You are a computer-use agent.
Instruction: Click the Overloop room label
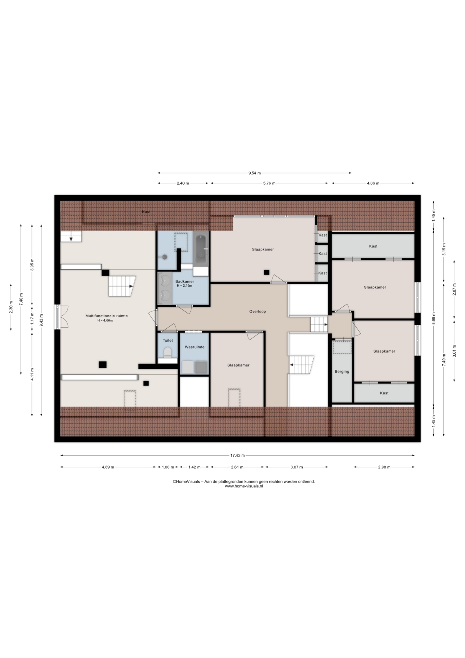tap(257, 312)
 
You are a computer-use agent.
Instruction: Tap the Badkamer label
tap(185, 281)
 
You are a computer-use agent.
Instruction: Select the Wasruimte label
tap(194, 347)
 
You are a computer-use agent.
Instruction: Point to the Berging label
tap(342, 371)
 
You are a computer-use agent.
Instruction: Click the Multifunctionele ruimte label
tap(106, 316)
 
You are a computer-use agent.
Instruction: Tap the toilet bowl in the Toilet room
tap(167, 352)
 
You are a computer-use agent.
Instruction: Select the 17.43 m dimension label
tap(238, 455)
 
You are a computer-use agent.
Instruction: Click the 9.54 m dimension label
tap(254, 173)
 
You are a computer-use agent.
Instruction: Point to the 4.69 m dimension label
tap(108, 467)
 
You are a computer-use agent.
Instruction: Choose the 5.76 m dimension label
tap(269, 183)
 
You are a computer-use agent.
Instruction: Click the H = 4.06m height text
tap(105, 321)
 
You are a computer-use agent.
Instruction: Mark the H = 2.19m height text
tap(185, 285)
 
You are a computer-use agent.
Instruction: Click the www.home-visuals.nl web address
tap(244, 486)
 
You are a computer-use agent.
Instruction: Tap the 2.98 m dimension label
tap(384, 467)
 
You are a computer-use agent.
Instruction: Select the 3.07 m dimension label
tap(296, 467)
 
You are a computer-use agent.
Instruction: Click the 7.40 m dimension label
tap(21, 299)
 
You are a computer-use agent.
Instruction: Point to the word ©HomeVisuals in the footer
tap(186, 482)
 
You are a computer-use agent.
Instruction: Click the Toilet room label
tap(168, 340)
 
